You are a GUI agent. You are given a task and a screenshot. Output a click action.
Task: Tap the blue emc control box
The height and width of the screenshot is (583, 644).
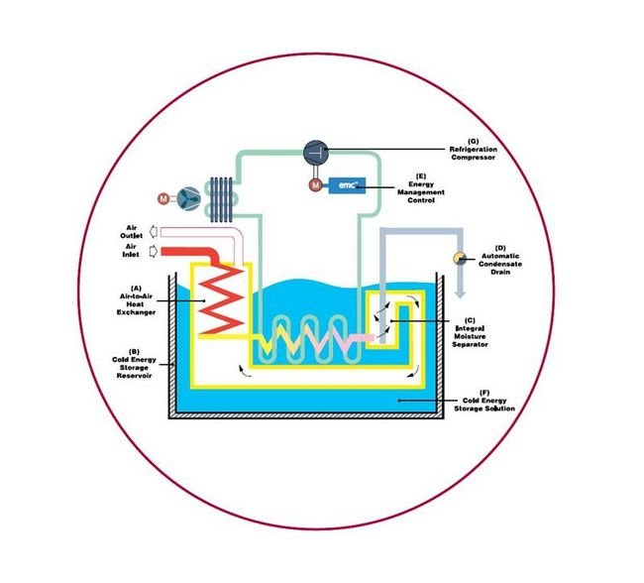(348, 185)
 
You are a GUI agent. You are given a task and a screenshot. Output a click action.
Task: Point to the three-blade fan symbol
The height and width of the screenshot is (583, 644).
(189, 196)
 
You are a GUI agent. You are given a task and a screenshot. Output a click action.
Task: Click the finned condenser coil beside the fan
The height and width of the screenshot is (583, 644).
(222, 197)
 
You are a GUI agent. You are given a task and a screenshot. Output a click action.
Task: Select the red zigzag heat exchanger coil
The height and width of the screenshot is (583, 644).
(218, 301)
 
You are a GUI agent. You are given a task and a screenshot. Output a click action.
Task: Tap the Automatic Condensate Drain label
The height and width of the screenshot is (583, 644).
(499, 261)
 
